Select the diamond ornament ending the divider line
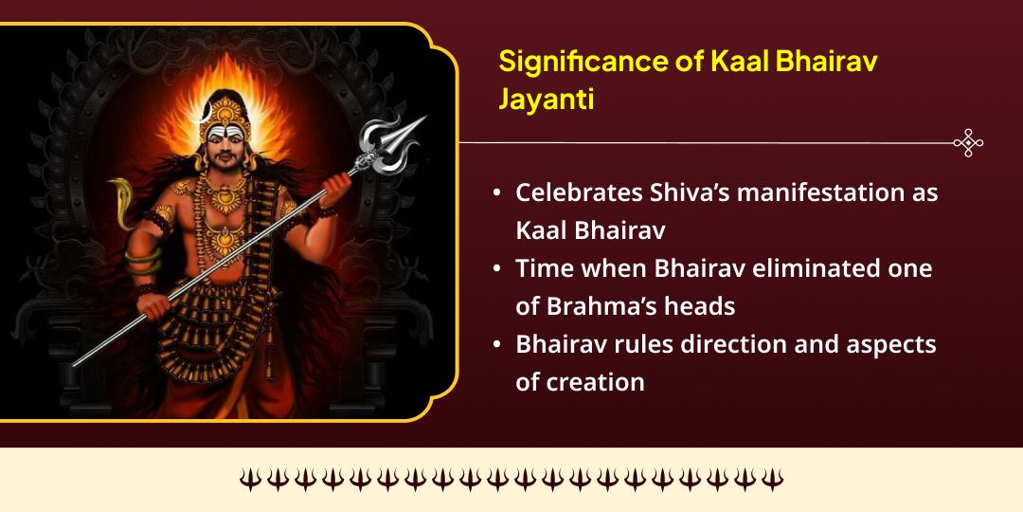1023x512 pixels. tap(968, 143)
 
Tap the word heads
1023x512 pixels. tap(702, 306)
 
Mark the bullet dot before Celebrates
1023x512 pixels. tap(497, 193)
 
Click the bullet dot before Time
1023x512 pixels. tap(497, 269)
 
